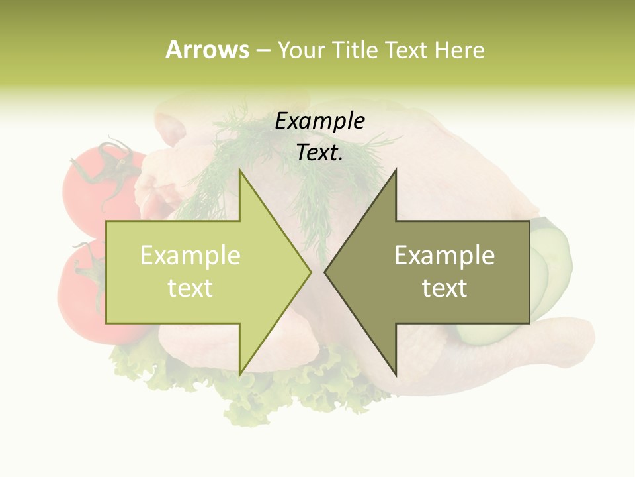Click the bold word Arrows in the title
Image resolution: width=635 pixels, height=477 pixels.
pos(207,50)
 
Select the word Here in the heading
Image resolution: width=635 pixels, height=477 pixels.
pos(459,50)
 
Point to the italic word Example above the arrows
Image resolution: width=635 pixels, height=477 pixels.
pos(319,121)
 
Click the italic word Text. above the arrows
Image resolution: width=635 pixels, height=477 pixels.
pos(319,153)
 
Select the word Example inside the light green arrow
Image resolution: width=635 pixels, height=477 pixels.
pos(190,256)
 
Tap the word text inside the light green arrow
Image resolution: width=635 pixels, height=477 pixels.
pos(190,288)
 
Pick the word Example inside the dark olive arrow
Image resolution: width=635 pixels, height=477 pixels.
pos(444,256)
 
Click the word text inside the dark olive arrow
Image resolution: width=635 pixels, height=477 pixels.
pos(444,288)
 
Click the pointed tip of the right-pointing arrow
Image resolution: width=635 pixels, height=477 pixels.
pos(310,272)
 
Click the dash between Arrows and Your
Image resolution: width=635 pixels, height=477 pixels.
pos(263,51)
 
